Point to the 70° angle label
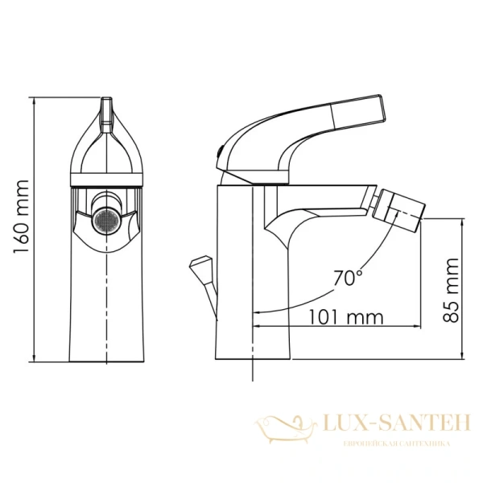coord(348,279)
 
